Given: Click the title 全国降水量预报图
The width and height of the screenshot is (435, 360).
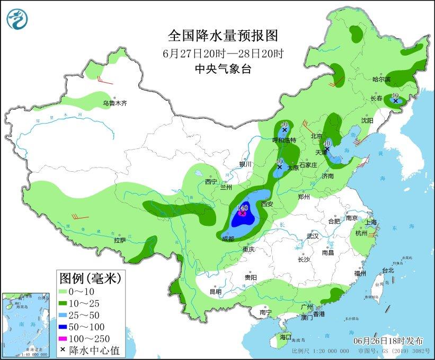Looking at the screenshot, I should pyautogui.click(x=223, y=36).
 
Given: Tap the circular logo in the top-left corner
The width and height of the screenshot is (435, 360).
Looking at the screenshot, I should pyautogui.click(x=17, y=20).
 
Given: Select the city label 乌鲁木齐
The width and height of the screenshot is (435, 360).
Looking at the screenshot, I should pyautogui.click(x=115, y=103).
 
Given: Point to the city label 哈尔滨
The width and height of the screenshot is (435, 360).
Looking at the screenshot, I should pyautogui.click(x=381, y=80).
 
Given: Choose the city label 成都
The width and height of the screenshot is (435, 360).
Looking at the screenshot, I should pyautogui.click(x=228, y=239).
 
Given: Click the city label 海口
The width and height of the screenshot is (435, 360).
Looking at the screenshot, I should pyautogui.click(x=286, y=337).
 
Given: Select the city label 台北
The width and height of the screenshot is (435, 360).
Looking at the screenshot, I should pyautogui.click(x=388, y=270).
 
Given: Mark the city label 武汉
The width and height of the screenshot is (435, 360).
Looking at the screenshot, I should pyautogui.click(x=313, y=235).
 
